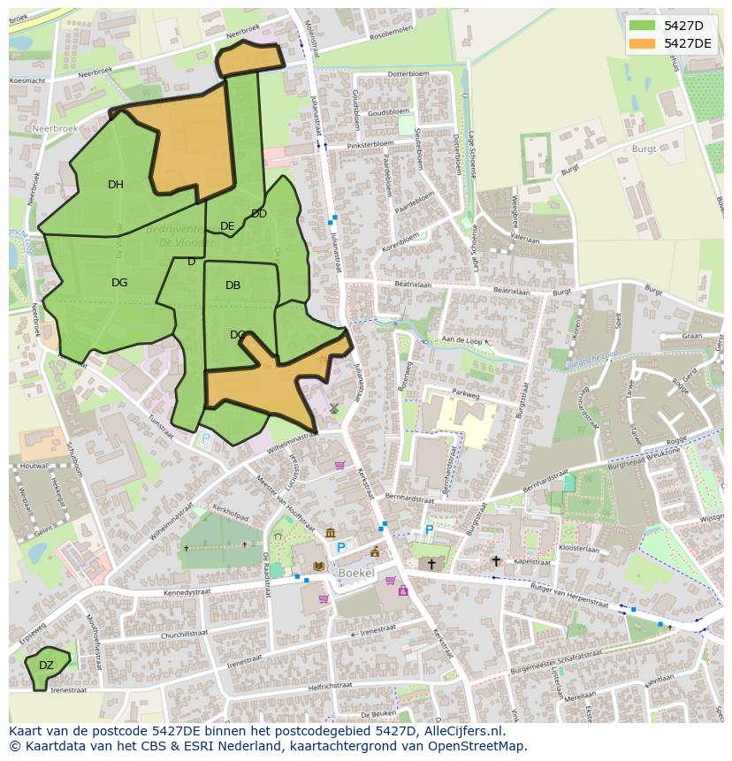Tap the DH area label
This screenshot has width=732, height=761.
point(116,185)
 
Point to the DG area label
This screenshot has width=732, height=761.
point(119,283)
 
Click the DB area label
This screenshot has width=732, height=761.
point(233,285)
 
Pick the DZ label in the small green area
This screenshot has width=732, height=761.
point(46,666)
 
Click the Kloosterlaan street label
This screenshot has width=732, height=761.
point(580,549)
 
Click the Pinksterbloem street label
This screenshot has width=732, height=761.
point(370,143)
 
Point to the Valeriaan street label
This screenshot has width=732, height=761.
point(524,239)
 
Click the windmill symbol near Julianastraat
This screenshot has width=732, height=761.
point(334,408)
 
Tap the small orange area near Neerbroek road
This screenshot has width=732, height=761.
point(250,58)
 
